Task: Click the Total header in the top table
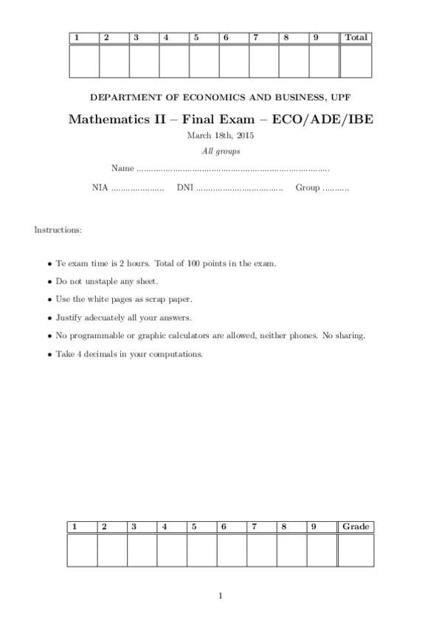click(356, 38)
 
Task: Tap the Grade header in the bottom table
click(356, 526)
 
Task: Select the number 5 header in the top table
click(196, 38)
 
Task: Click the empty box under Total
click(356, 61)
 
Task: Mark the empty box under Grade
click(356, 550)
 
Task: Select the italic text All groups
click(221, 151)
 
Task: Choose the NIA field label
click(100, 188)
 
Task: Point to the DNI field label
click(184, 188)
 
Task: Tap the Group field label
click(308, 188)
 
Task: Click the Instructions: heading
click(58, 230)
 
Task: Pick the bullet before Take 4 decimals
click(49, 354)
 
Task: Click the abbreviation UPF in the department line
click(343, 97)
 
